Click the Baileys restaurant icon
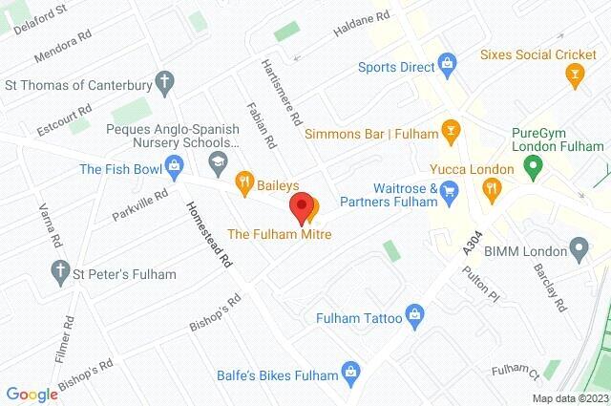pyautogui.click(x=243, y=179)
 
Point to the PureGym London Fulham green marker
pyautogui.click(x=536, y=166)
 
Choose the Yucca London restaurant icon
pyautogui.click(x=493, y=189)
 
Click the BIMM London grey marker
pyautogui.click(x=578, y=250)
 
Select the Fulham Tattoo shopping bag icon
pyautogui.click(x=414, y=313)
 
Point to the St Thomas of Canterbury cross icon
pyautogui.click(x=166, y=82)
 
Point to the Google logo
pyautogui.click(x=32, y=395)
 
